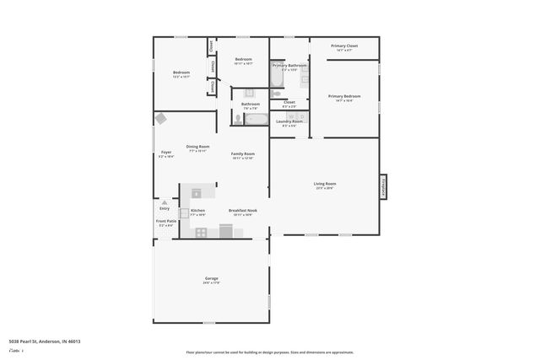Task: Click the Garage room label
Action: (211, 278)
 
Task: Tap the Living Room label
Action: (325, 184)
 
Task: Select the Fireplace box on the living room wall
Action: (383, 187)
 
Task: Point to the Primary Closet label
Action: (344, 46)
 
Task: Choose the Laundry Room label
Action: (289, 121)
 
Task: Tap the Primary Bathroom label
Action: (289, 65)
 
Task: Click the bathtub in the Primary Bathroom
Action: (278, 77)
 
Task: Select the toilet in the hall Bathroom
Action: (238, 120)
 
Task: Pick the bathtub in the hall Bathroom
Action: (256, 119)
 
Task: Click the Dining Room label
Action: (197, 148)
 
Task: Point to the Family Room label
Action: (243, 153)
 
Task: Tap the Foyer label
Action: (166, 153)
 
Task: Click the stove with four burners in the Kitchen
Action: (202, 232)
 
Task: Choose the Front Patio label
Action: (165, 221)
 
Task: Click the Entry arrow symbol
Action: (165, 202)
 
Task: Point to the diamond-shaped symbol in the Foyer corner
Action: (161, 119)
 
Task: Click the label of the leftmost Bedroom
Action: (181, 73)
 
